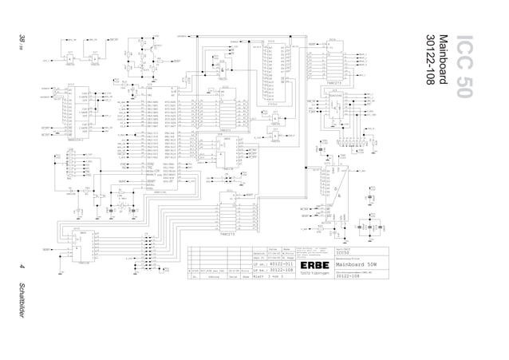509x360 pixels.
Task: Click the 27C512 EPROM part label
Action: (272, 104)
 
